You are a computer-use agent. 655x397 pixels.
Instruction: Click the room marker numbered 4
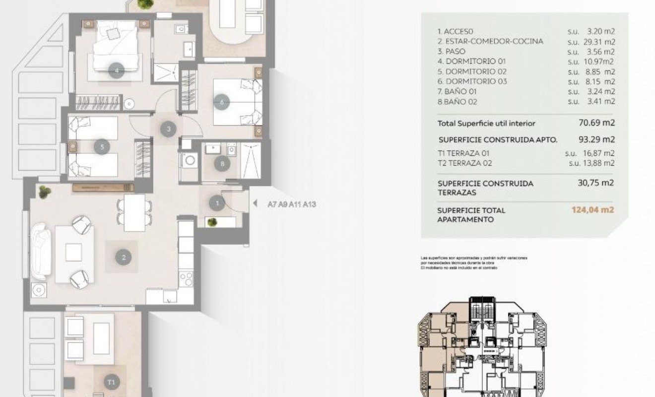[x=117, y=70]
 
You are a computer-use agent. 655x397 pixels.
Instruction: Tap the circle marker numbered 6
[x=222, y=103]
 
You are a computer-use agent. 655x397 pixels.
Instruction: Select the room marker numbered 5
[x=102, y=147]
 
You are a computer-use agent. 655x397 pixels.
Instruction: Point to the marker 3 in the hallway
[x=169, y=129]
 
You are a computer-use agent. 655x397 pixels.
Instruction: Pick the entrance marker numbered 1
[x=216, y=202]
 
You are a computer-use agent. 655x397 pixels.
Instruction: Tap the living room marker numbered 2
[x=123, y=257]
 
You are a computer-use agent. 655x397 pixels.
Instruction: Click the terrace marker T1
[x=112, y=382]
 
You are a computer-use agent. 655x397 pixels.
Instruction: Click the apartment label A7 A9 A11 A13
[x=291, y=203]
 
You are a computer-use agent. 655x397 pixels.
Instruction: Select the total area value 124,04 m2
[x=592, y=210]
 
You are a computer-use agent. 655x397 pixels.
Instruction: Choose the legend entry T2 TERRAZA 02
[x=465, y=163]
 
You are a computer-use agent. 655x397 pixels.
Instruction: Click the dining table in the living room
[x=134, y=212]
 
